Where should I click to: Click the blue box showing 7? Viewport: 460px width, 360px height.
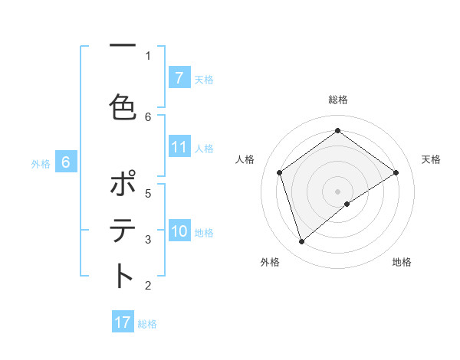[179, 77]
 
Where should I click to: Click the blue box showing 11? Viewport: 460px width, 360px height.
[179, 147]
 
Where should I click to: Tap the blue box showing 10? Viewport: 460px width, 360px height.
[179, 231]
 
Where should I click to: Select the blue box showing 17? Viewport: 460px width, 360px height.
[123, 322]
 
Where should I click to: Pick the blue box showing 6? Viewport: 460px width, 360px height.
[66, 162]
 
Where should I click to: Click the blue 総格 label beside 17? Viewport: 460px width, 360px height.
[147, 324]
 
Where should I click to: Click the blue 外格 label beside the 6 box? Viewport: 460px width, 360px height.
[41, 163]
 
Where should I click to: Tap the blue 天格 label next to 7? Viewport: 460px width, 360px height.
[204, 79]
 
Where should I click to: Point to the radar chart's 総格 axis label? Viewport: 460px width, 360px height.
[338, 100]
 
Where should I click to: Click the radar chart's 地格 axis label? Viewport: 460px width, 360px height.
[402, 262]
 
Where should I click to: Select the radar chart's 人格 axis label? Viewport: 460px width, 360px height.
[245, 159]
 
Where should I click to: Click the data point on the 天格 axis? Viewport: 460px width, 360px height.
[396, 173]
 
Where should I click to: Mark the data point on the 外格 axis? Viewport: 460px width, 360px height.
[302, 242]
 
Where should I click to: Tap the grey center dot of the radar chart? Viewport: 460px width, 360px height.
[338, 190]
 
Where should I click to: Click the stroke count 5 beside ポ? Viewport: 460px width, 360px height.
[148, 193]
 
